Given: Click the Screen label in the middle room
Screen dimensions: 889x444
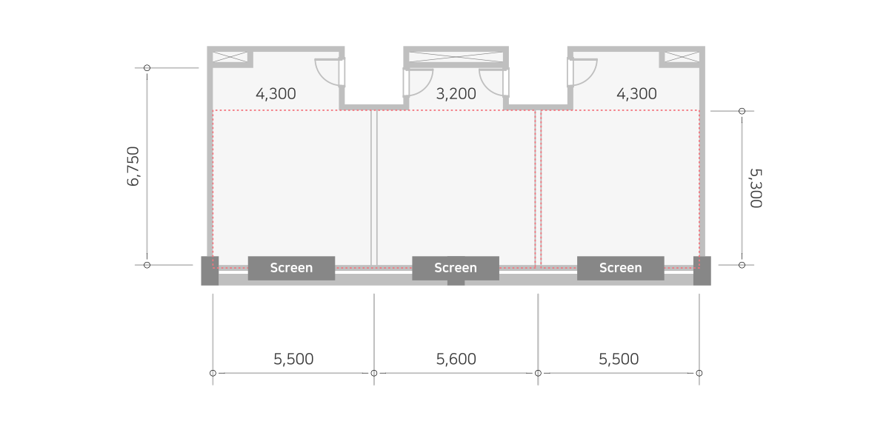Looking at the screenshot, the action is (456, 268).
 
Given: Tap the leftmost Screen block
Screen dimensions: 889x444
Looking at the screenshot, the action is (291, 268).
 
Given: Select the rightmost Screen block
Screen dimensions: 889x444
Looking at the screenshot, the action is (620, 268).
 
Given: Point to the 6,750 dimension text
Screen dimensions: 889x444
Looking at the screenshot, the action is (133, 166).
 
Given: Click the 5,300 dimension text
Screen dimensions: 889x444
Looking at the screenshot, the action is (756, 188).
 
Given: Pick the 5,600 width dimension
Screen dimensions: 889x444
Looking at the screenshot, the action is (456, 359).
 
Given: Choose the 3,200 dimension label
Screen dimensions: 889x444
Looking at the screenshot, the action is (456, 94).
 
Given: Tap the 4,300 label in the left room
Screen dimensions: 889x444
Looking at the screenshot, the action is (276, 94).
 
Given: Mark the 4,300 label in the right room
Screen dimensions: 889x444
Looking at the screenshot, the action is (636, 94).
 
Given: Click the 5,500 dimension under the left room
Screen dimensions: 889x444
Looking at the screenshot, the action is (293, 359).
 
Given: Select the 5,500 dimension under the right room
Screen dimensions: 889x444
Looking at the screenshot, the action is (619, 359).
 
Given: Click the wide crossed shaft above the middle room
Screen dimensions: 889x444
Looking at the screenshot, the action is (456, 57).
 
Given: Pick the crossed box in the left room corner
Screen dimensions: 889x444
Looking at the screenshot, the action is (230, 57).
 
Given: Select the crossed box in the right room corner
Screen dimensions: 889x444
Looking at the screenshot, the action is (682, 57).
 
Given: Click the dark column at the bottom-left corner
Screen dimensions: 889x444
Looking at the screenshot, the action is (210, 271).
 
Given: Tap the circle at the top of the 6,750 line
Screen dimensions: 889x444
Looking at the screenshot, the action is (147, 68).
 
